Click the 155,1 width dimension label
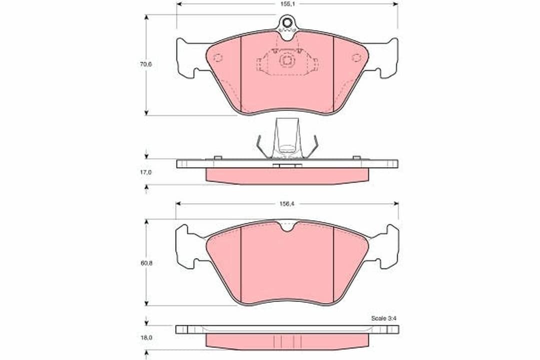coord(287,4)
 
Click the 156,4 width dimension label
coord(287,204)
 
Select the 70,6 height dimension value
coord(145,64)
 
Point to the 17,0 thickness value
coord(145,172)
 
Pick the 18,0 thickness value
coord(145,337)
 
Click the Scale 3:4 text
coord(383,318)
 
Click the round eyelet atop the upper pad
coord(287,22)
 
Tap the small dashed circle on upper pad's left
coord(217,57)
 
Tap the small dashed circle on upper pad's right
coord(356,57)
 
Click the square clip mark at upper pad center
coord(287,61)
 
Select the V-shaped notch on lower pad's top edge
coord(287,227)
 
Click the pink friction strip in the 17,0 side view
coord(287,175)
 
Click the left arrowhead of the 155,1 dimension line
coord(178,3)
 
